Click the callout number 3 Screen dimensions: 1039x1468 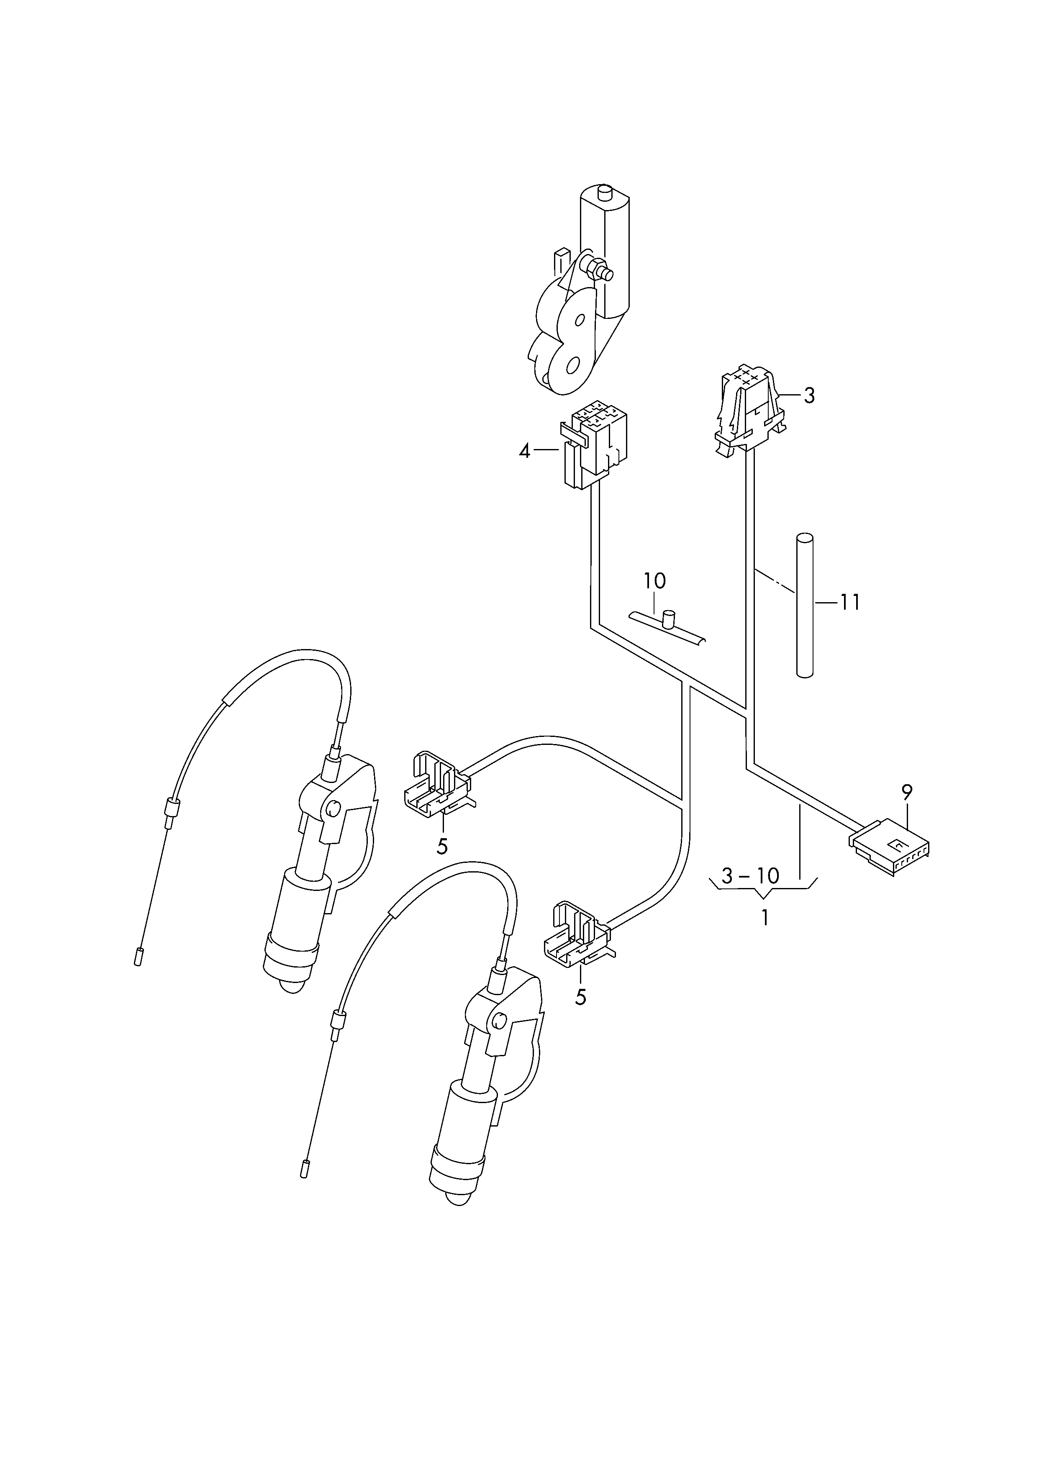click(x=809, y=396)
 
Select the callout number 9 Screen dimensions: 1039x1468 click(x=907, y=793)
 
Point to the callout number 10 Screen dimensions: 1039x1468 click(x=654, y=581)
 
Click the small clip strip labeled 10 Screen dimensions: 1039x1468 click(x=668, y=627)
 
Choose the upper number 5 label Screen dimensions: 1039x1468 click(x=442, y=846)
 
